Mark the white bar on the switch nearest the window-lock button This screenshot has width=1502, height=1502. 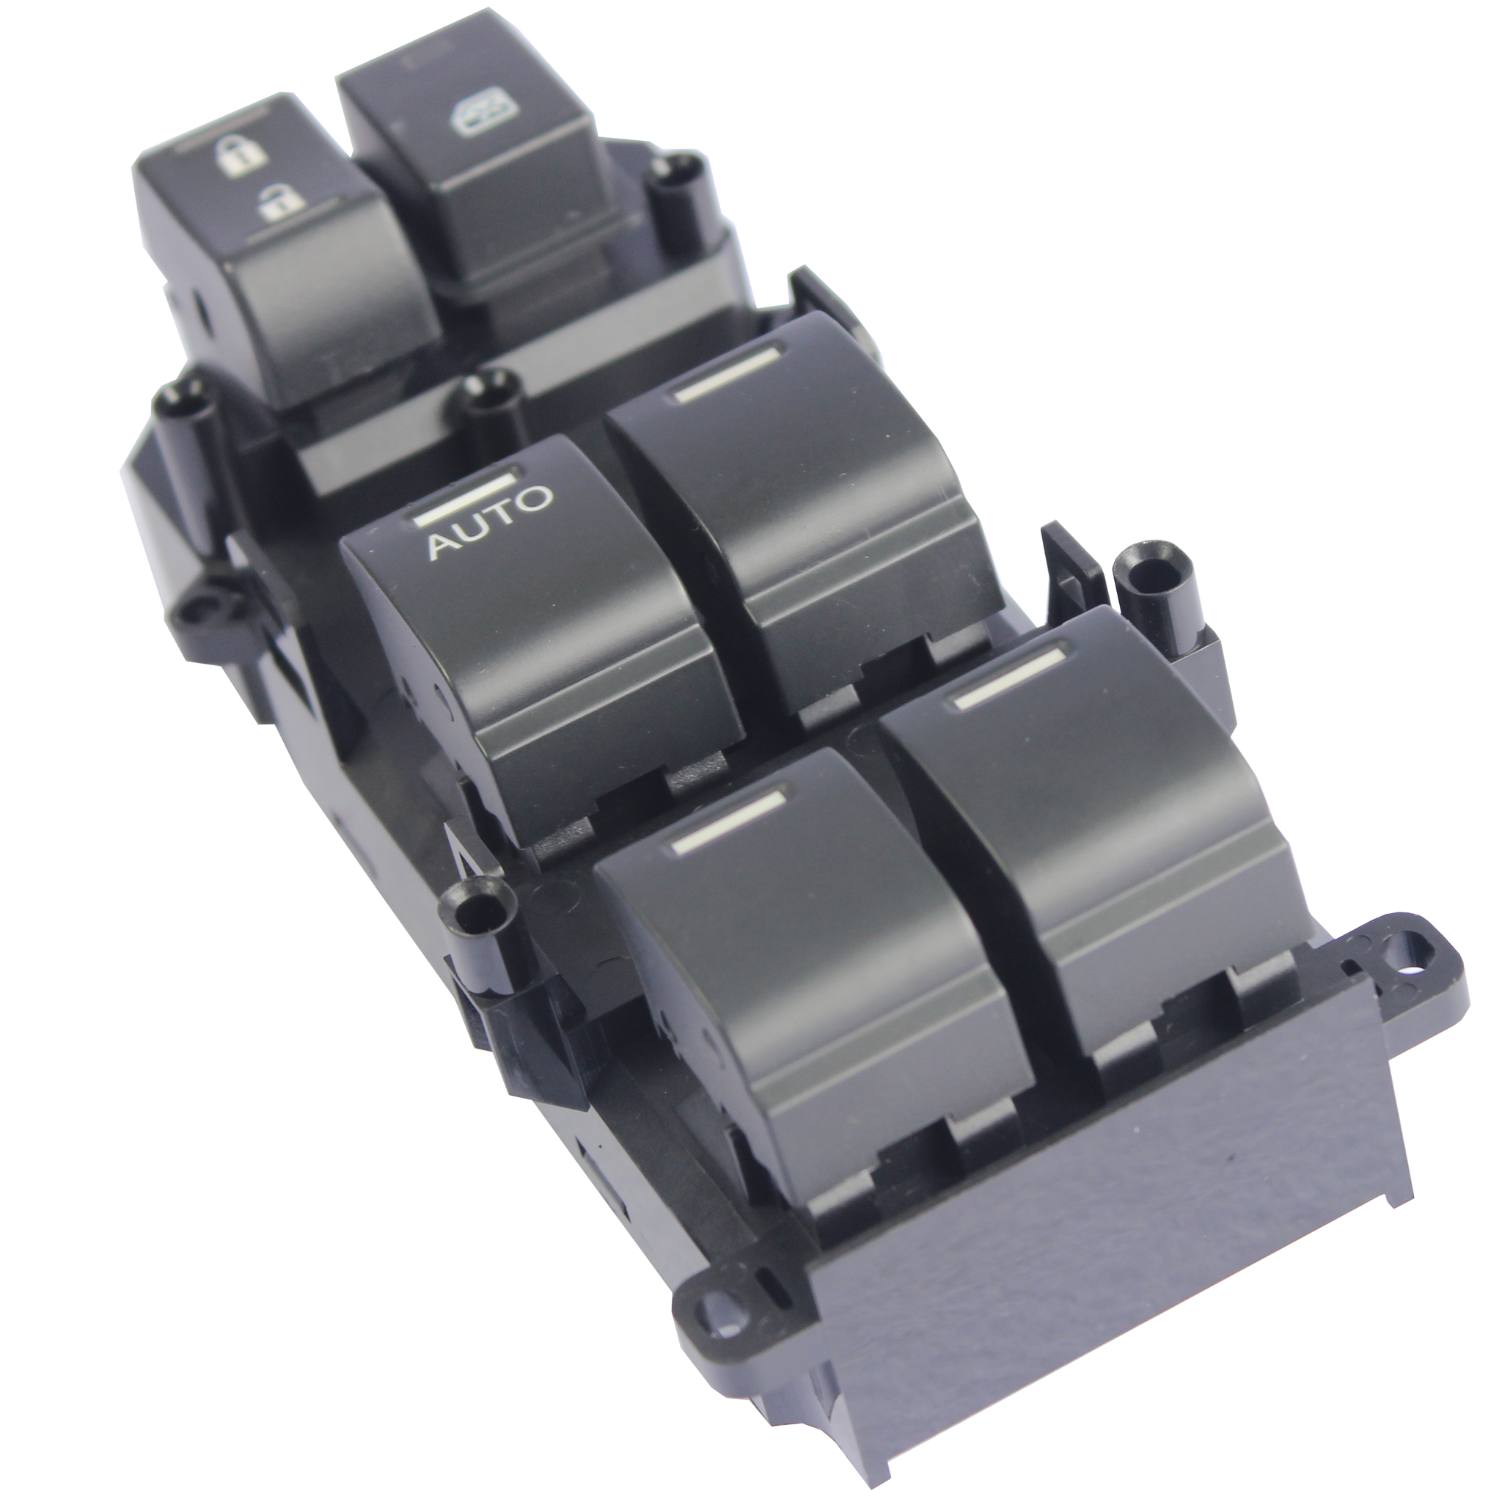(x=727, y=373)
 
